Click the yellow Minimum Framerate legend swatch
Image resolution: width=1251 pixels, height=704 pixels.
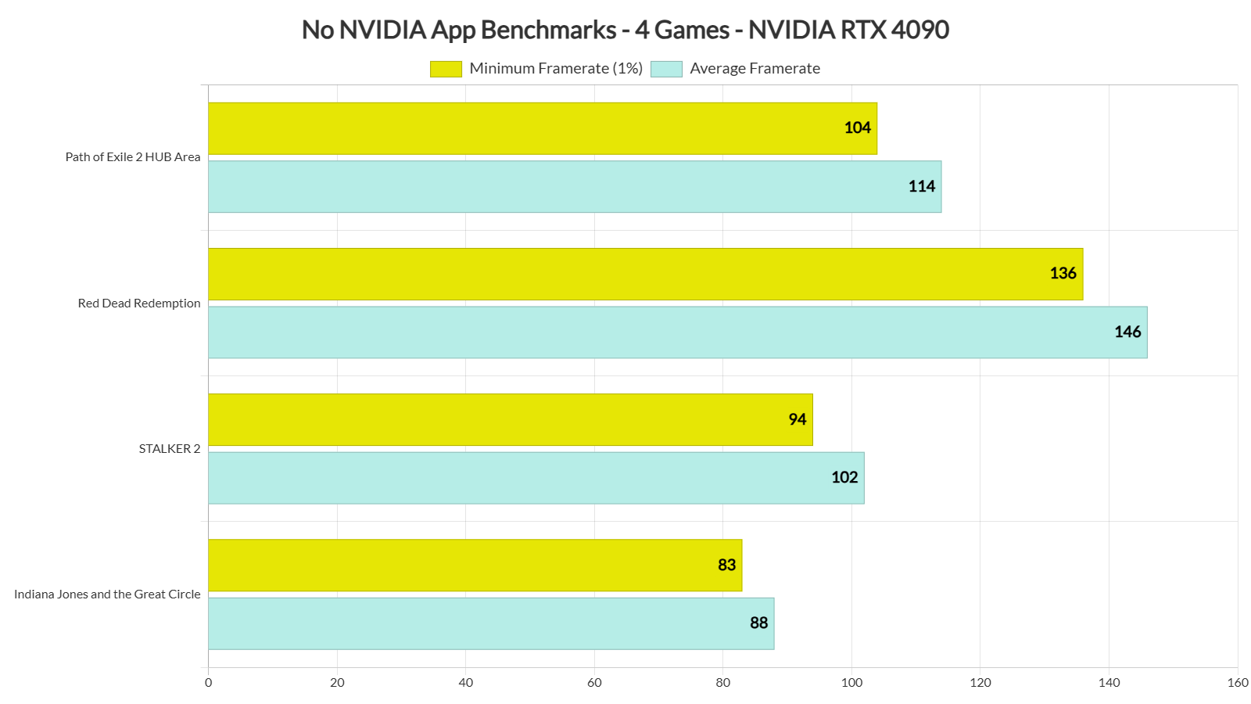click(446, 69)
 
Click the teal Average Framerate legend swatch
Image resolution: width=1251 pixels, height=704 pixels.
click(666, 69)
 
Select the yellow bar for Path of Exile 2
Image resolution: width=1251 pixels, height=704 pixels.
click(542, 128)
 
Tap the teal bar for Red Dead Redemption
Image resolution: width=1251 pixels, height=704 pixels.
click(677, 332)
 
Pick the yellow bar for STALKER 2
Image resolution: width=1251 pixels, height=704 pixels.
click(510, 420)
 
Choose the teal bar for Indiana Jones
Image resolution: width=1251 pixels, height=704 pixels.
click(490, 623)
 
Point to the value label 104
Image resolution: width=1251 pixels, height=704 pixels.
click(857, 128)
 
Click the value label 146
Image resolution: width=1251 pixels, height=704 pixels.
click(1127, 332)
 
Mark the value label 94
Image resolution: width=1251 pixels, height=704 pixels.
click(797, 419)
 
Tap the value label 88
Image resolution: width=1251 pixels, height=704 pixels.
click(758, 623)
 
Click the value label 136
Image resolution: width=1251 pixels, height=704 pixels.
click(1063, 273)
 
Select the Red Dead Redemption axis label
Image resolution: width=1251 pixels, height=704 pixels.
click(139, 304)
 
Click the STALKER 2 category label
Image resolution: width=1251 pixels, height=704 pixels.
click(170, 449)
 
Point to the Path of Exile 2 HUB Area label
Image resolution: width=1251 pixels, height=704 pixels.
click(133, 157)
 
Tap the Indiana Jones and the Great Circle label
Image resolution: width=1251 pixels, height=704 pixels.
click(107, 594)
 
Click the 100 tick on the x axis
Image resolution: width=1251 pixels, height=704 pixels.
click(851, 683)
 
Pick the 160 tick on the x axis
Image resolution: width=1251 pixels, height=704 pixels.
click(1237, 683)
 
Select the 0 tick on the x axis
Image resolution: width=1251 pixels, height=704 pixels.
click(208, 683)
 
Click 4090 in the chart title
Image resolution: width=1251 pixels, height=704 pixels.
click(919, 30)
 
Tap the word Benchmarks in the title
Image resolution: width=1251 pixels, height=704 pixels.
click(548, 30)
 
